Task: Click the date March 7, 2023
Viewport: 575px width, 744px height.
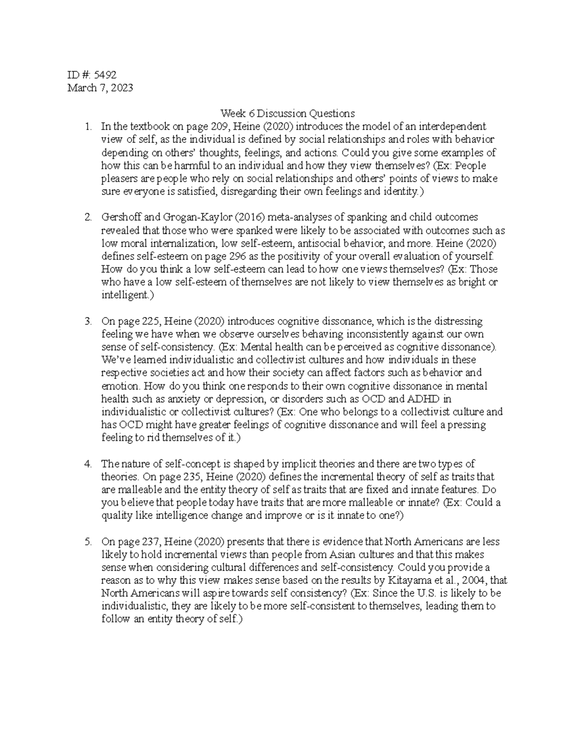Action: tap(100, 88)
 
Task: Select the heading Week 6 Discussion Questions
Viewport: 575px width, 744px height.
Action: tap(287, 114)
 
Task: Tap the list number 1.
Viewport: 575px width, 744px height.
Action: tap(87, 127)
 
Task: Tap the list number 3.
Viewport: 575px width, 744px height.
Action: tap(88, 321)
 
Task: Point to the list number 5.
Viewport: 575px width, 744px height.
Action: tap(88, 542)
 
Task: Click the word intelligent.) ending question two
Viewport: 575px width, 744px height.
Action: tap(127, 296)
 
